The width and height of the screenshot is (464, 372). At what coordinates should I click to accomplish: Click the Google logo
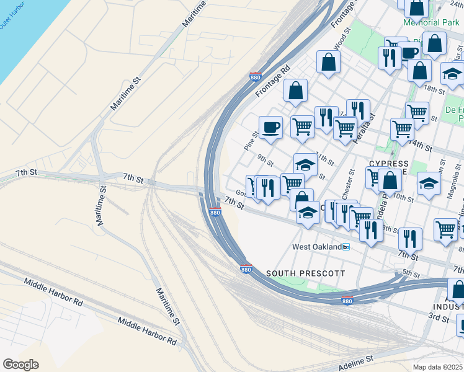(20, 364)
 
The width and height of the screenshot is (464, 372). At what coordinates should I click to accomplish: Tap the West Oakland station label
(316, 247)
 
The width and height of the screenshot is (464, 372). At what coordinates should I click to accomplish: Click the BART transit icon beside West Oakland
(346, 247)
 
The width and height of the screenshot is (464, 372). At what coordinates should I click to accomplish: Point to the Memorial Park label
(431, 22)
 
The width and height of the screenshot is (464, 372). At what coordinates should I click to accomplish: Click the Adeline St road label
(353, 360)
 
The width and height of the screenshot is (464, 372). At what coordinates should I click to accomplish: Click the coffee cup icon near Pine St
(270, 128)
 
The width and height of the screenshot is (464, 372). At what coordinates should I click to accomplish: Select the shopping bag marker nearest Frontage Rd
(296, 91)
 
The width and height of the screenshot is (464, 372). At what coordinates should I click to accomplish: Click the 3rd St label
(438, 318)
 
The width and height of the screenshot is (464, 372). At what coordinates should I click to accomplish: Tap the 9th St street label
(265, 161)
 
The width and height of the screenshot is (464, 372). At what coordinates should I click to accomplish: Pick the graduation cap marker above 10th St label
(428, 184)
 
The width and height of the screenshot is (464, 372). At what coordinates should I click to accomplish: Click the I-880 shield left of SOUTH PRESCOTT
(246, 270)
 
